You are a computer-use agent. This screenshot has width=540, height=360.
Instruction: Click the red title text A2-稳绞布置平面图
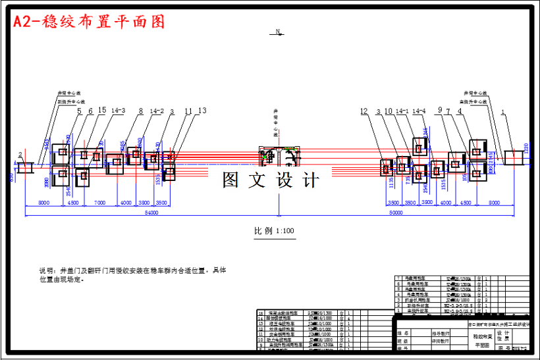88,22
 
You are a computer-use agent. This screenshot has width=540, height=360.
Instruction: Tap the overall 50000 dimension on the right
396,213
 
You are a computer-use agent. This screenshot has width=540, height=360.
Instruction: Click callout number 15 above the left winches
101,111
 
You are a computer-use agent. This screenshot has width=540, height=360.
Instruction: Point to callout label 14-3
119,111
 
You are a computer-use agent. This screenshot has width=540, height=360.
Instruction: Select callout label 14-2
157,111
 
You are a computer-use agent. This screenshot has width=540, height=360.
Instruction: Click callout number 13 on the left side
202,111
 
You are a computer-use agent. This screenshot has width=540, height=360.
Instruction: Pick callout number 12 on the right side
364,111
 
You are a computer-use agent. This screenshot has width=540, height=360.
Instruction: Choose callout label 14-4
419,111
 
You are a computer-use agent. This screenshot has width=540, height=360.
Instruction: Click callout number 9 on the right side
439,111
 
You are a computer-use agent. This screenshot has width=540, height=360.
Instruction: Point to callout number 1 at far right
503,111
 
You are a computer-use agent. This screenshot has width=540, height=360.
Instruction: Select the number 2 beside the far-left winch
20,155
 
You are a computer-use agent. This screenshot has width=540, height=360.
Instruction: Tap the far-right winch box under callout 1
513,158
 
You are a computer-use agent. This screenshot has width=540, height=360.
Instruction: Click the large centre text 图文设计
271,180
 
